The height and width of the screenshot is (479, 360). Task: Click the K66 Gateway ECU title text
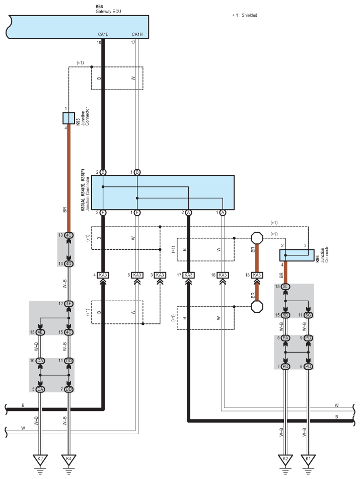click(108, 9)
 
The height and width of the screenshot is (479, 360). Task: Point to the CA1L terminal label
click(103, 34)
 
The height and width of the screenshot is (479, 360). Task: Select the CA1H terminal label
click(137, 34)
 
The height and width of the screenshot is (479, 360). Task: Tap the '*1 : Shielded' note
click(245, 15)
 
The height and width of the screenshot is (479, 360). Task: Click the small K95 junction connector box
click(68, 118)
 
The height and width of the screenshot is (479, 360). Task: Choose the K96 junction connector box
click(297, 255)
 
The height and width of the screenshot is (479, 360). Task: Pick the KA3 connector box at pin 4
click(103, 275)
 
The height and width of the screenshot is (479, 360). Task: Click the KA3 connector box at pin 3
click(160, 275)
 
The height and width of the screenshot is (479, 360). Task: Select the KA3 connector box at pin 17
click(189, 275)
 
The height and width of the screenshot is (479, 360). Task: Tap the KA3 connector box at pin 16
click(223, 275)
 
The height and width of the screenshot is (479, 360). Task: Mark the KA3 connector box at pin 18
click(257, 275)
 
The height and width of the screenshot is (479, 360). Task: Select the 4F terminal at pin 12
click(68, 304)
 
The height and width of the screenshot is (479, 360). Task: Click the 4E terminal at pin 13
click(40, 332)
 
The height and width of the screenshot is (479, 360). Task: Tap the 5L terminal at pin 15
click(285, 287)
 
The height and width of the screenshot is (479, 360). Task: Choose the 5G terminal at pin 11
click(308, 315)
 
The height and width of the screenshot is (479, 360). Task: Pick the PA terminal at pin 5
click(285, 338)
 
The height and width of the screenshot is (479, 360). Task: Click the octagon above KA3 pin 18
click(257, 238)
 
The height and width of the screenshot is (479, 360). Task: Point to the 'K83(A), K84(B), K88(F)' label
click(83, 190)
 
